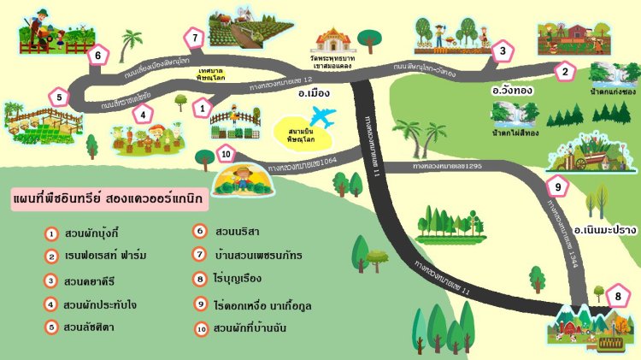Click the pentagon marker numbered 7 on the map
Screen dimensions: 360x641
click(x=196, y=38)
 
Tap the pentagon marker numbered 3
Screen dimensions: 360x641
click(x=503, y=52)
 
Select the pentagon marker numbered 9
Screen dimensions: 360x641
click(x=557, y=185)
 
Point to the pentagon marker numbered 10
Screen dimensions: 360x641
click(x=225, y=154)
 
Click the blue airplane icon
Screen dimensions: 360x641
click(x=323, y=116)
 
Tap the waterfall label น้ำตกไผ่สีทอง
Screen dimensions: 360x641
click(x=514, y=133)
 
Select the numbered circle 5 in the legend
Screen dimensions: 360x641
click(x=52, y=327)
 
